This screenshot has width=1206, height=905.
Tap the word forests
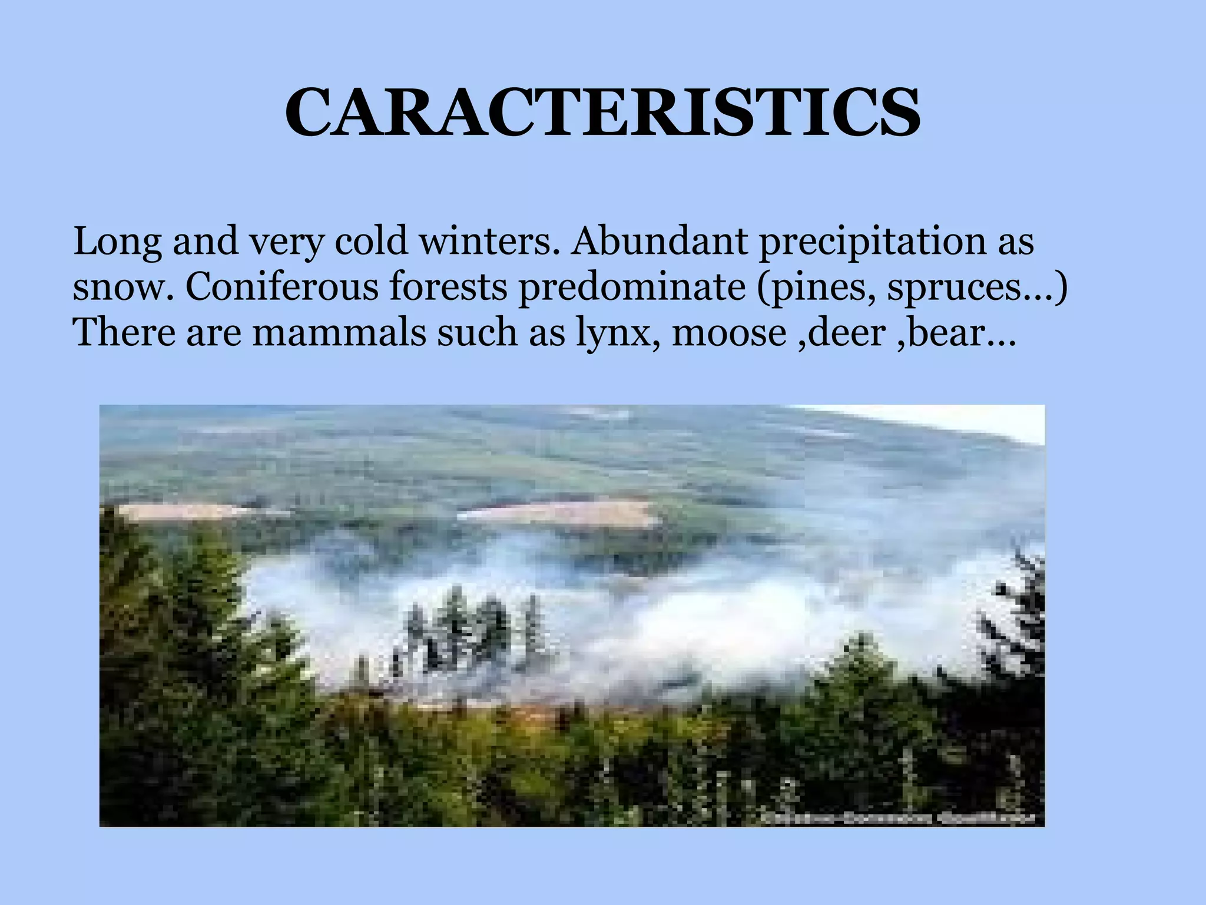(x=448, y=287)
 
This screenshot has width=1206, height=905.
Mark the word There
(x=124, y=333)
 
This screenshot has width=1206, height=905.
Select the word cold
(x=371, y=242)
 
